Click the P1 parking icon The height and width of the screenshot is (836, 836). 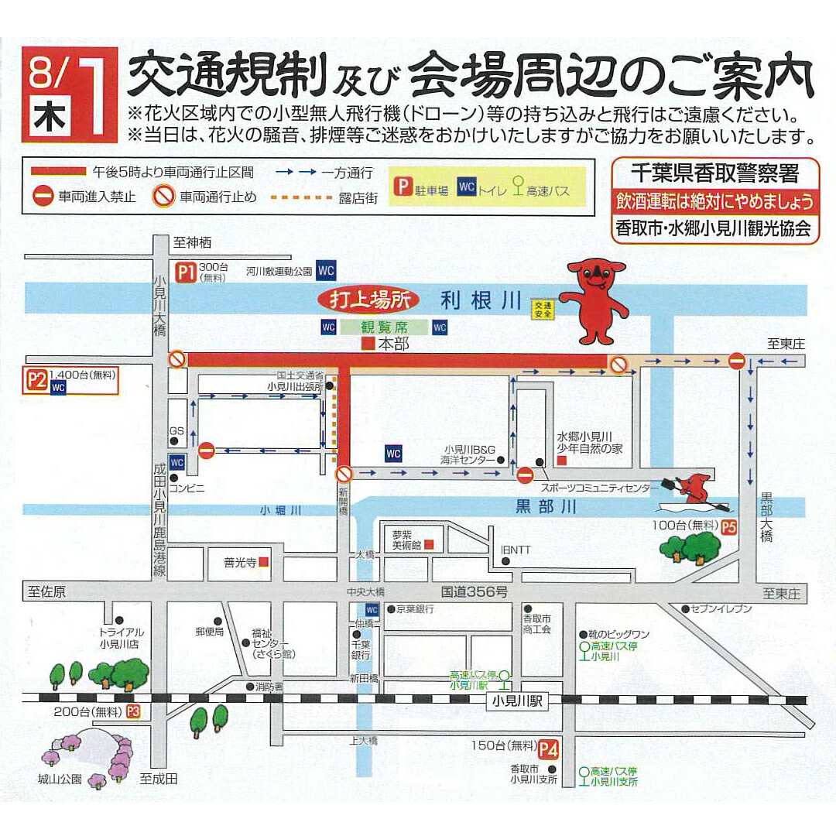tap(185, 272)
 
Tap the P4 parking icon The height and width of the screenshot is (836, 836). tap(548, 749)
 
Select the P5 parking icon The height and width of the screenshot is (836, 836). tap(728, 528)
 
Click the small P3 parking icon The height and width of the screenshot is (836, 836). tap(133, 711)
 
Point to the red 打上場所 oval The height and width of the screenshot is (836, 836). tap(368, 299)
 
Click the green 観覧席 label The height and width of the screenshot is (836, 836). tap(384, 327)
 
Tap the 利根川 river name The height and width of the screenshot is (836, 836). tap(481, 300)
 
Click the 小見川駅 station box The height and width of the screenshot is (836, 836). tap(517, 702)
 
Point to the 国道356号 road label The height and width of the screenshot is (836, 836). tap(474, 592)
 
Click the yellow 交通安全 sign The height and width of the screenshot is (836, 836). tap(541, 309)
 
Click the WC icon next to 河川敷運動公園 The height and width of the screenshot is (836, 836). tap(326, 271)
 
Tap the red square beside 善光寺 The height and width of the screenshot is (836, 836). tap(264, 562)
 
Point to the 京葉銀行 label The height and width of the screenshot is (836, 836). tap(415, 609)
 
